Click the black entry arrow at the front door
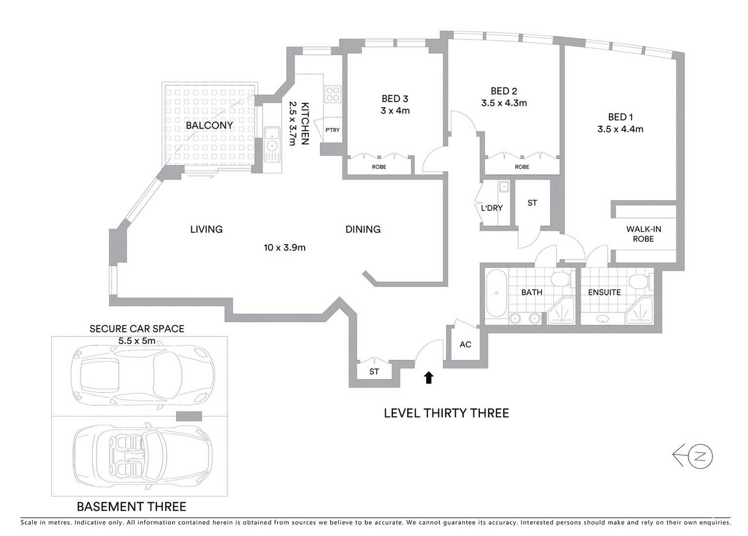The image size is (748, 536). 429,377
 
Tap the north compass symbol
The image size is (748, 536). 701,457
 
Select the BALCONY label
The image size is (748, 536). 209,125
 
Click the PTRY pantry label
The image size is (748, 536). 332,130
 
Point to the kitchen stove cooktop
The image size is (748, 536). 333,94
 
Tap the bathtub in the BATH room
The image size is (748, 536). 496,293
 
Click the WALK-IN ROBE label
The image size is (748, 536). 643,234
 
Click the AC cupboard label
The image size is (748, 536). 465,344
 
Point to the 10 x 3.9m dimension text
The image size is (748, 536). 284,247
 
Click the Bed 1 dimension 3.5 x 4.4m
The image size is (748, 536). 620,129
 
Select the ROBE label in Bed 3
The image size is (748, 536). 379,167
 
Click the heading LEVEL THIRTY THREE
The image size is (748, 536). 446,413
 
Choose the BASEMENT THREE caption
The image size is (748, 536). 132,507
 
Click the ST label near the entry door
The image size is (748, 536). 374,372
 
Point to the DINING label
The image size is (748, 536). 363,229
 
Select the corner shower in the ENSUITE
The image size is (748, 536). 640,311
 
